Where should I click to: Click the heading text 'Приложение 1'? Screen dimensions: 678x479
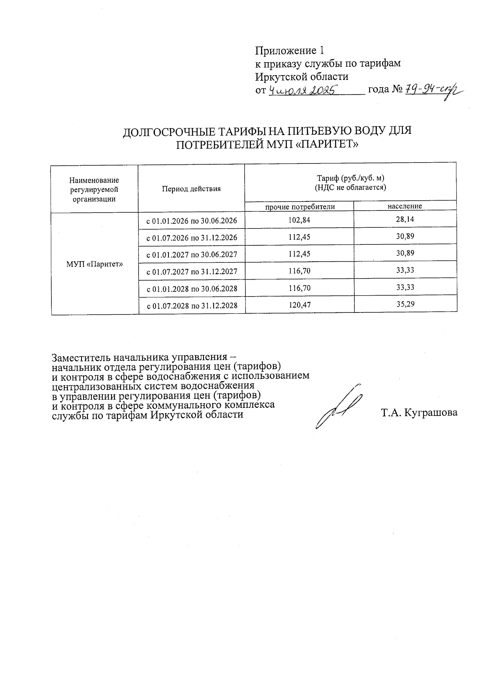(x=289, y=51)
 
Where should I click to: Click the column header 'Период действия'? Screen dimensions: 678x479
(x=191, y=189)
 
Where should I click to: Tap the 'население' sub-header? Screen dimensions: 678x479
(x=405, y=206)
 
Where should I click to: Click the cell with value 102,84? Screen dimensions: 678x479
(x=299, y=220)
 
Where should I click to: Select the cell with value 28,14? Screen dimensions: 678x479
(x=405, y=219)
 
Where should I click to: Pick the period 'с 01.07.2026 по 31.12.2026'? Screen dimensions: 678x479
(x=192, y=238)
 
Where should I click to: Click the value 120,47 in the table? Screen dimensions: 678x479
(x=299, y=305)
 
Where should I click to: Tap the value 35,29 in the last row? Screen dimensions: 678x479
(x=405, y=304)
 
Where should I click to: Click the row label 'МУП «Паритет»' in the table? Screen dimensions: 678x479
(x=94, y=264)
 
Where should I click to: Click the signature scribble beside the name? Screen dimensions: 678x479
(x=339, y=408)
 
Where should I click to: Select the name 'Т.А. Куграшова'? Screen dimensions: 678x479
(x=419, y=413)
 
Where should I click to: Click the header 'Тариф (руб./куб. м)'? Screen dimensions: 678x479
(x=350, y=179)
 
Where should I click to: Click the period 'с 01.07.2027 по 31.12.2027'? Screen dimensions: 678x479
(x=192, y=272)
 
